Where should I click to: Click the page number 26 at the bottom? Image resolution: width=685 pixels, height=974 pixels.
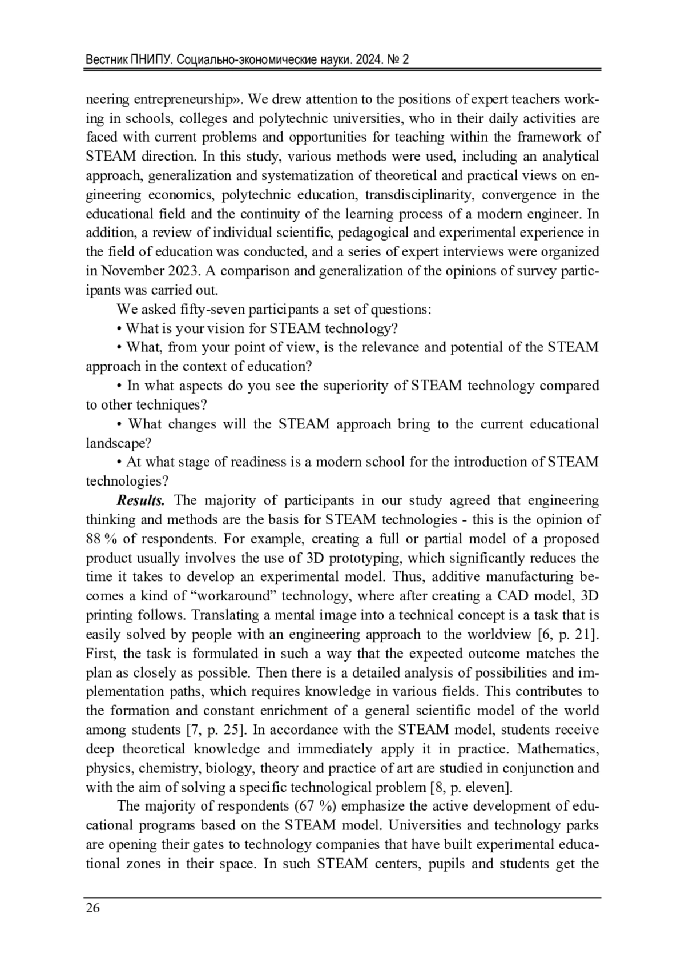coord(92,908)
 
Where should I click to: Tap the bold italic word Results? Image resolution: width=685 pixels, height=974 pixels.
coord(140,501)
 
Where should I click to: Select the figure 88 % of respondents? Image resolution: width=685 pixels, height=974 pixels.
coord(96,539)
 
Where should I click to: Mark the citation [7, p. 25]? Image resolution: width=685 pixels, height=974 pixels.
coord(217,730)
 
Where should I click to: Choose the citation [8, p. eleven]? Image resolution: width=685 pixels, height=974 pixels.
coord(471,788)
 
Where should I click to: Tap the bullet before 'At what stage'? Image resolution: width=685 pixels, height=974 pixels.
coord(119,462)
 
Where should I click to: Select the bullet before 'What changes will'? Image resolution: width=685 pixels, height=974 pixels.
coord(119,424)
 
